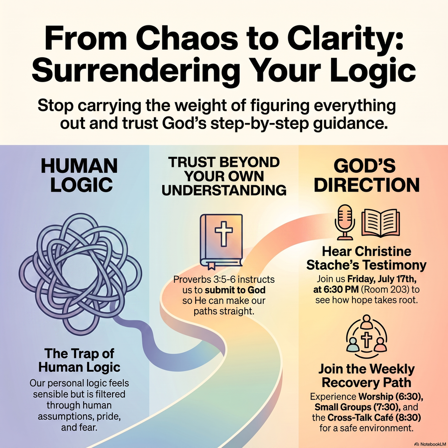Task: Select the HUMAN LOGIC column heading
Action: (x=80, y=175)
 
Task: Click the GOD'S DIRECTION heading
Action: (x=366, y=175)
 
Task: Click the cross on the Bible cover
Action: (x=224, y=234)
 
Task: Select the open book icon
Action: (x=380, y=223)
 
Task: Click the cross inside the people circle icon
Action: (x=366, y=339)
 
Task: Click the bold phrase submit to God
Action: (x=235, y=290)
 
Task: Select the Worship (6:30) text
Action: (x=391, y=397)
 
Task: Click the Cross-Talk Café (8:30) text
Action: (x=374, y=418)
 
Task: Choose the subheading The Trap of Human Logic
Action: (x=79, y=360)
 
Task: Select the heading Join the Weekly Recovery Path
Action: (x=366, y=375)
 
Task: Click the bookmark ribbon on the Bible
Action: (x=212, y=266)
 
